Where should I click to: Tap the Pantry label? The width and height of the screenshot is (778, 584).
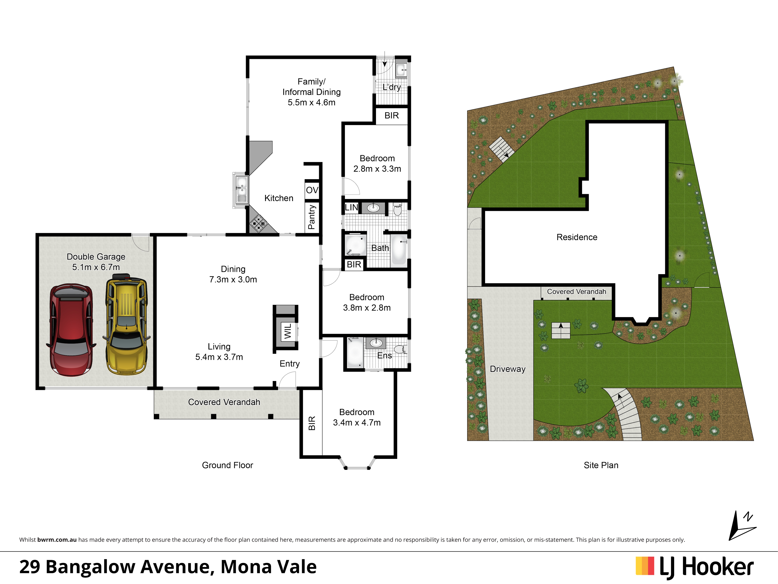312,217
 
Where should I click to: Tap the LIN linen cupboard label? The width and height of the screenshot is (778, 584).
351,208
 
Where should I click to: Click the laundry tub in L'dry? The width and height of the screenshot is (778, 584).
401,70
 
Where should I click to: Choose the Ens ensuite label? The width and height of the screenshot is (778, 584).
384,356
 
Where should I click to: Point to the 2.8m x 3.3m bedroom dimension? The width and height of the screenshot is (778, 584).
377,169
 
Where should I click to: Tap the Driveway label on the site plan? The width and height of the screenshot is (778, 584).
507,369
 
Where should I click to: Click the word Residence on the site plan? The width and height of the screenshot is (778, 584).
577,237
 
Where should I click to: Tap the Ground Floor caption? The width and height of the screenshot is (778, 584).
228,465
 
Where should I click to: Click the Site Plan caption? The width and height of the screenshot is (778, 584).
601,465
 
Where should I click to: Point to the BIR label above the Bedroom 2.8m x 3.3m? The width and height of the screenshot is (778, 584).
392,116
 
